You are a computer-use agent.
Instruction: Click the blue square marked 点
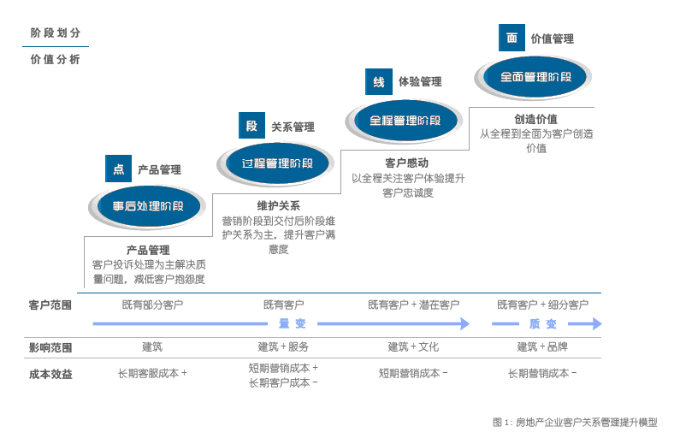pyautogui.click(x=118, y=169)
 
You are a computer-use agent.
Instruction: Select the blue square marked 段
pyautogui.click(x=251, y=126)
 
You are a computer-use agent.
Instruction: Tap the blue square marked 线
pyautogui.click(x=378, y=81)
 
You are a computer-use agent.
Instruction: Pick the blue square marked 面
pyautogui.click(x=512, y=38)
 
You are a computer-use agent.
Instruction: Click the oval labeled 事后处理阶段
pyautogui.click(x=147, y=206)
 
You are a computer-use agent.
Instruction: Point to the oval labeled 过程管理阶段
pyautogui.click(x=276, y=163)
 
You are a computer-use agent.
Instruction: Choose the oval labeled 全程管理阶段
pyautogui.click(x=405, y=120)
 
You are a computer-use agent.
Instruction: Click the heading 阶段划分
pyautogui.click(x=56, y=33)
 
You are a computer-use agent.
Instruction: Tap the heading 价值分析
pyautogui.click(x=56, y=60)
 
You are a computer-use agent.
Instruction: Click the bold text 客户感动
pyautogui.click(x=407, y=163)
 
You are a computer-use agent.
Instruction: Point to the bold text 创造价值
pyautogui.click(x=535, y=119)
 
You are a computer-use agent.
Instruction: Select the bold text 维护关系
pyautogui.click(x=279, y=205)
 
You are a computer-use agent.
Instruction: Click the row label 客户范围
pyautogui.click(x=50, y=305)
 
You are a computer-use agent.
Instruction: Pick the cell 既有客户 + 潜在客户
pyautogui.click(x=413, y=305)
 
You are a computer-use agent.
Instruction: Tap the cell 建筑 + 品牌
pyautogui.click(x=542, y=346)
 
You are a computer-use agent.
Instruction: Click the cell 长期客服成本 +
pyautogui.click(x=152, y=373)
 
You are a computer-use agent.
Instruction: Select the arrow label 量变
pyautogui.click(x=292, y=324)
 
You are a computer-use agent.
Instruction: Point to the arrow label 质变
pyautogui.click(x=542, y=324)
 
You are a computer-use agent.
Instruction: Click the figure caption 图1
pyautogui.click(x=575, y=422)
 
